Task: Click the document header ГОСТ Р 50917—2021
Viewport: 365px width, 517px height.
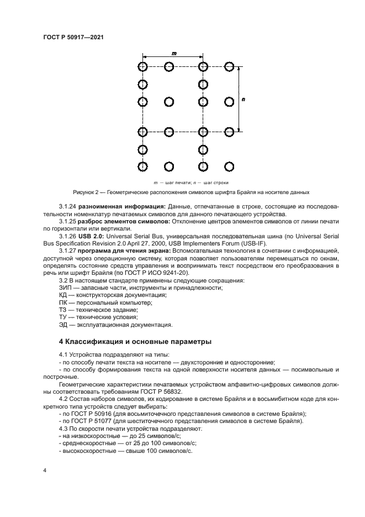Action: click(x=74, y=37)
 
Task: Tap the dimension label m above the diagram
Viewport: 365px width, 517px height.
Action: click(x=174, y=53)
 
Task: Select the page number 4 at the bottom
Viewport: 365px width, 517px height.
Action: click(x=45, y=471)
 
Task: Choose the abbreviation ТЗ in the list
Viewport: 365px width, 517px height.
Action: click(x=63, y=310)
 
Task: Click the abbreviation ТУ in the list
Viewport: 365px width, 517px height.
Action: click(x=63, y=317)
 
